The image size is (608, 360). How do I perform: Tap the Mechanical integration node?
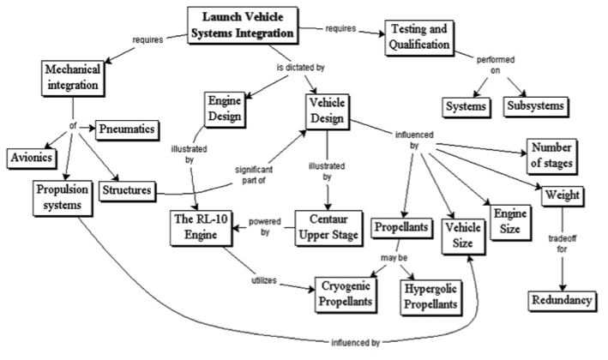click(x=73, y=77)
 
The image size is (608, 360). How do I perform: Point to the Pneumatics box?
click(x=129, y=128)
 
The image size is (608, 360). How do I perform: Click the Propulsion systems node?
click(x=63, y=195)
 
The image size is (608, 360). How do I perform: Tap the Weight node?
click(x=562, y=196)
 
